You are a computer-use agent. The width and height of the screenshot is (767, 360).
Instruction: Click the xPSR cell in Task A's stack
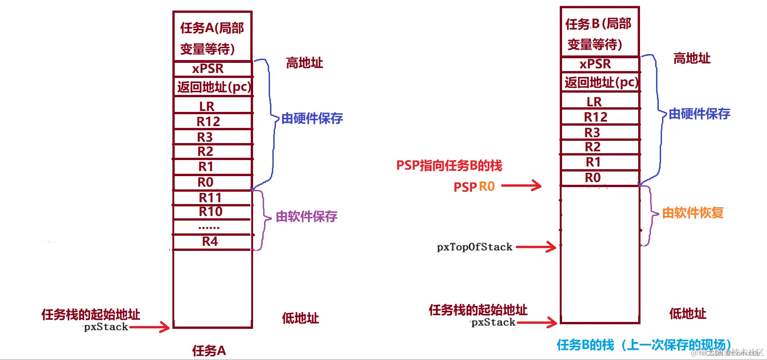point(209,69)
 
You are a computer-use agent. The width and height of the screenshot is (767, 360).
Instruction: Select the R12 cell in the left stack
point(209,122)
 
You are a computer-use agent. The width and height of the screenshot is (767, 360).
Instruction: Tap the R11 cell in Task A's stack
point(210,198)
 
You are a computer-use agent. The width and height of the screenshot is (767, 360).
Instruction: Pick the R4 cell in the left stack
point(210,242)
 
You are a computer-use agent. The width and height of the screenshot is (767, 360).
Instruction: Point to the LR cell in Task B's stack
point(594,101)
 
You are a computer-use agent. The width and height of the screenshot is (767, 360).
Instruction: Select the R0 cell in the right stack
point(593,177)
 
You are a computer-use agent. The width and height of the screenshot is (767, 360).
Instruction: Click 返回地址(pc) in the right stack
point(601,83)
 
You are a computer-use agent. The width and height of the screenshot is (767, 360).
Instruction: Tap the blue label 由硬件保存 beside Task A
point(312,118)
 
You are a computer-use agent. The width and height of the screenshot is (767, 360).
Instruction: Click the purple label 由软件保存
point(306,216)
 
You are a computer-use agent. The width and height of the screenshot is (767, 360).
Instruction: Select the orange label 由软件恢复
point(693,213)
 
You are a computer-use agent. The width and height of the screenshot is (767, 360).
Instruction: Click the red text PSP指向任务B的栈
point(449,166)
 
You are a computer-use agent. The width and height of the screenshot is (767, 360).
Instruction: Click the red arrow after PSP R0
point(521,186)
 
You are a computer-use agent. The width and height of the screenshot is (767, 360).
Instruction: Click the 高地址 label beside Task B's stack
point(692,58)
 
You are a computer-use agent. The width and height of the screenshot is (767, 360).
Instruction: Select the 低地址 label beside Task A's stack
point(300,318)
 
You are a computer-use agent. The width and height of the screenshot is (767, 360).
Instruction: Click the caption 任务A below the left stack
point(209,351)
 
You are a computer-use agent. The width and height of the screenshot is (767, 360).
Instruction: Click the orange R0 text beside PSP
point(487,187)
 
